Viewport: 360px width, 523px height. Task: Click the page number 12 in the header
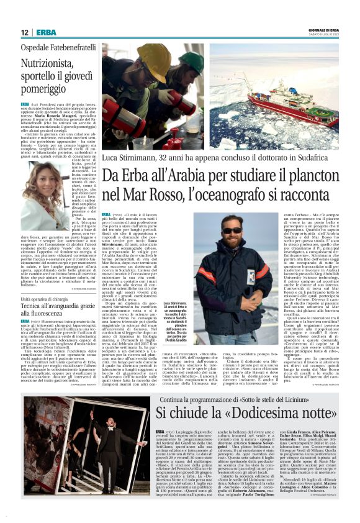[x=24, y=32]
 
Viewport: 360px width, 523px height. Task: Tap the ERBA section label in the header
[x=46, y=32]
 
